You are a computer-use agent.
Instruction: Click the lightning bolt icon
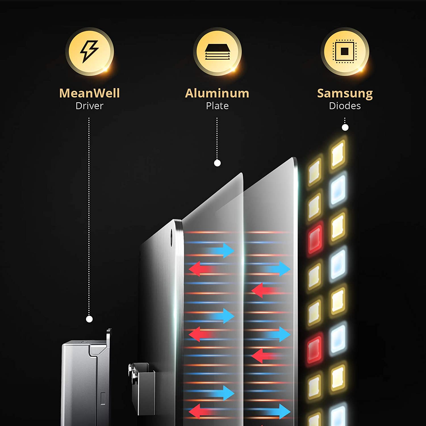pyautogui.click(x=89, y=51)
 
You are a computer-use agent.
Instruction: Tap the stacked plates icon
pyautogui.click(x=217, y=51)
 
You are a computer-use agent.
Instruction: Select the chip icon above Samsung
pyautogui.click(x=345, y=51)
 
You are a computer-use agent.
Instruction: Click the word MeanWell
pyautogui.click(x=89, y=93)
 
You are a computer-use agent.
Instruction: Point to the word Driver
pyautogui.click(x=89, y=106)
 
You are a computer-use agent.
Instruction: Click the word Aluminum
pyautogui.click(x=217, y=93)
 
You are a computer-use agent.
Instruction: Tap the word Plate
pyautogui.click(x=217, y=106)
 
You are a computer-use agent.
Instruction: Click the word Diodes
pyautogui.click(x=345, y=106)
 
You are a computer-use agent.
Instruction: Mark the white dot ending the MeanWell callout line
pyautogui.click(x=89, y=319)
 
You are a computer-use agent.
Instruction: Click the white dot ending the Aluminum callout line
pyautogui.click(x=217, y=163)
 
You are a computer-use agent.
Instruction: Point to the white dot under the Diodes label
pyautogui.click(x=345, y=128)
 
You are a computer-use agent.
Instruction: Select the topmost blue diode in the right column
pyautogui.click(x=338, y=189)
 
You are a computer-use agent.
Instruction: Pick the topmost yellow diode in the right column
pyautogui.click(x=338, y=155)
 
